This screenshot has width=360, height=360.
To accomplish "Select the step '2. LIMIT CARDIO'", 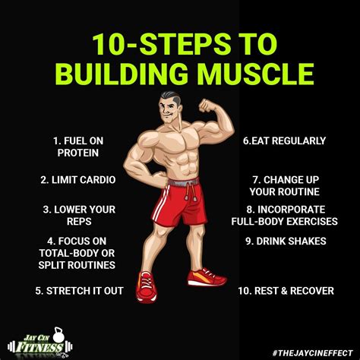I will point(67,181).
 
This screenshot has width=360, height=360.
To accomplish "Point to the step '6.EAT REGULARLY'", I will point(284,141).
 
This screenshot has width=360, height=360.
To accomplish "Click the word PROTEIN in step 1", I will point(78,153).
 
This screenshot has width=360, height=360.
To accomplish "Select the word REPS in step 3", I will point(78,222).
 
